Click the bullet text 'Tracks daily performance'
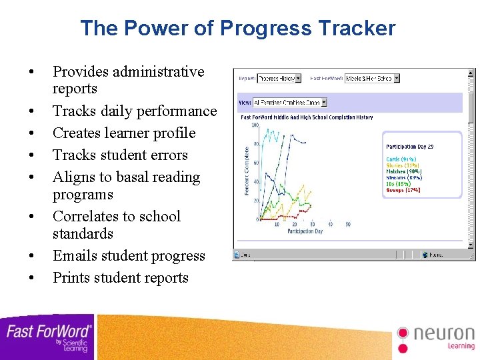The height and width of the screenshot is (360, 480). (x=135, y=111)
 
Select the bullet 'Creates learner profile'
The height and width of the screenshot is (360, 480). (x=124, y=133)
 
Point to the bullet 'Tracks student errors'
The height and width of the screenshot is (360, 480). (x=120, y=155)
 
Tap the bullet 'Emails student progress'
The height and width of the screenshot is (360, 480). (x=129, y=255)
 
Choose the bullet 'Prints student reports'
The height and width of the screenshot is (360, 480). (x=121, y=277)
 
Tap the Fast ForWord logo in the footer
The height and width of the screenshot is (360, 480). (x=48, y=336)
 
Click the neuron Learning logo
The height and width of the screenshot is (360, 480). (x=436, y=337)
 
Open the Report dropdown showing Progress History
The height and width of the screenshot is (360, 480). (x=279, y=78)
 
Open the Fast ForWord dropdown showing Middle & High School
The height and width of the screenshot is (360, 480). (x=372, y=78)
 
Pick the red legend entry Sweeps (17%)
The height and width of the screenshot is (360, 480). (x=403, y=190)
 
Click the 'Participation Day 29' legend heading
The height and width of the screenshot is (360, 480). (x=410, y=147)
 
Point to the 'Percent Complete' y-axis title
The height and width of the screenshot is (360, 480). (x=247, y=171)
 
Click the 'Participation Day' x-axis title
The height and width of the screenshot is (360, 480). (x=306, y=231)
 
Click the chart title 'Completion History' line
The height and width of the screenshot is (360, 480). (x=307, y=117)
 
